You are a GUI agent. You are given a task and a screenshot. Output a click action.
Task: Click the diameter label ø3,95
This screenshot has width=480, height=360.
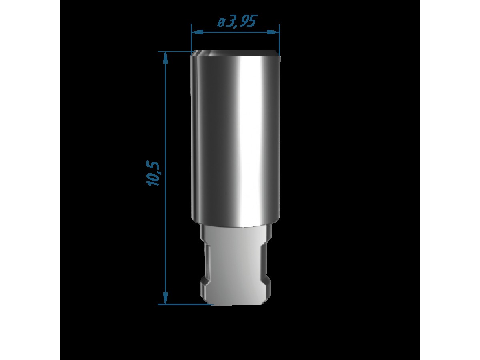(237, 21)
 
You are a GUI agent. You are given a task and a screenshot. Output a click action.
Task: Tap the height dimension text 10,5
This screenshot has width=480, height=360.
(153, 173)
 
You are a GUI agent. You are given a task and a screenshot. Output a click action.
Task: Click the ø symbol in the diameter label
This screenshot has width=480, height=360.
(221, 22)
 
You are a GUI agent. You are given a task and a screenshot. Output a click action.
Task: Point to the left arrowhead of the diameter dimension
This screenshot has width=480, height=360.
(197, 32)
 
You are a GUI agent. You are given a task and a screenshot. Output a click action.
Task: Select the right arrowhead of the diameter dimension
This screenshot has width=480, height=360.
(273, 32)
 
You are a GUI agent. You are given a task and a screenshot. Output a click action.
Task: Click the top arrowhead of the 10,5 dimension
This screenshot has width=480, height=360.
(166, 58)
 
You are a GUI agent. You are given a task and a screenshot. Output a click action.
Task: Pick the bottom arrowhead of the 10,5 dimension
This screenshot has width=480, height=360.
(166, 298)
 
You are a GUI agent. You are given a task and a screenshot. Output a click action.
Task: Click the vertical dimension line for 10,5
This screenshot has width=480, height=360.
(166, 178)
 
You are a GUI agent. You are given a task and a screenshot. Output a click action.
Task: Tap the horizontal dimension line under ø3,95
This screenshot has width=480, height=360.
(236, 32)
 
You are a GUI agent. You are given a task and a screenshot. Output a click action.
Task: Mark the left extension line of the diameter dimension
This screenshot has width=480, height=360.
(191, 40)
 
